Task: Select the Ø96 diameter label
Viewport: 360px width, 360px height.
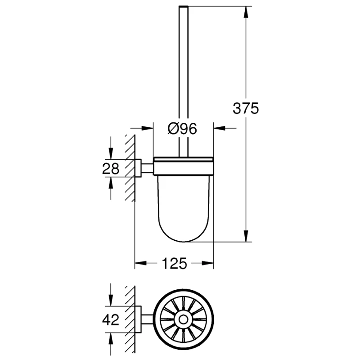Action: coord(183,129)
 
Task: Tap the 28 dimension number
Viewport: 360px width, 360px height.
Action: coord(111,168)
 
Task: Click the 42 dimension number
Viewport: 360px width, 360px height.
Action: coord(111,320)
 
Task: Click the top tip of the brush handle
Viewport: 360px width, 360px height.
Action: coord(183,7)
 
